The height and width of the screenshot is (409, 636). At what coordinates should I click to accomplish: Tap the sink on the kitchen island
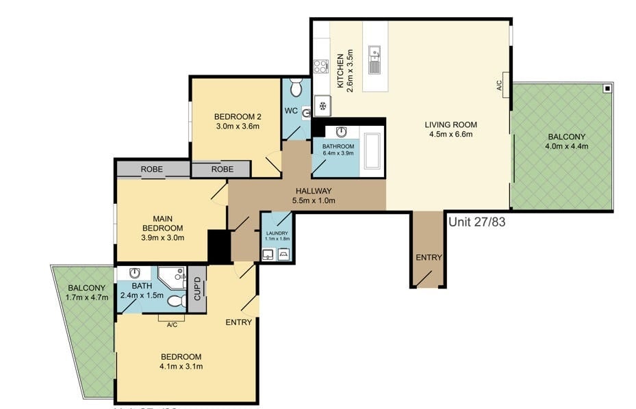point(374,60)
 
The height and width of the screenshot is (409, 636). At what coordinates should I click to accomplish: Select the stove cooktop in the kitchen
point(320,66)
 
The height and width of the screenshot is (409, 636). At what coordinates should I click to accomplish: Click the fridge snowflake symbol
point(322,105)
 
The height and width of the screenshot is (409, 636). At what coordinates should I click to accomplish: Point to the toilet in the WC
point(296,88)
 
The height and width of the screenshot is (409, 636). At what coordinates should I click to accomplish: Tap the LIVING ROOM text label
point(450,124)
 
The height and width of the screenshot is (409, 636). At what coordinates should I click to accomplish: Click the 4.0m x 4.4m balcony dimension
point(566,146)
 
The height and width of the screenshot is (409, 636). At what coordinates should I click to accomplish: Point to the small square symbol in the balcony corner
point(607,89)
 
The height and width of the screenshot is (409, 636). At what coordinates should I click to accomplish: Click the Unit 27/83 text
point(476,222)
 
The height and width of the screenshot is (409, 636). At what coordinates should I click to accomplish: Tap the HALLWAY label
point(314,191)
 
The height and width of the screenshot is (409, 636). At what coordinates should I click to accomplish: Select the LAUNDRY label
point(277,233)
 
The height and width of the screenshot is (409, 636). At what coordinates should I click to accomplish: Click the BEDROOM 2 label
point(238,116)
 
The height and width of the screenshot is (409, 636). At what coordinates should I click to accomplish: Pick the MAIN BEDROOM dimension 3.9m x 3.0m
point(163,237)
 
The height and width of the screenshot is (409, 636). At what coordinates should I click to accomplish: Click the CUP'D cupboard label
point(196,289)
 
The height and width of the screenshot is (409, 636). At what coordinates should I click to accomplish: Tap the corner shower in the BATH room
point(171,277)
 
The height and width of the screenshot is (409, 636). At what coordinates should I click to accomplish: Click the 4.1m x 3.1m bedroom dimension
point(181,367)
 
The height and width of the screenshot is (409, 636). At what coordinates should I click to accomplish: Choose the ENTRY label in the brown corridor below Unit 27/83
point(429,257)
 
